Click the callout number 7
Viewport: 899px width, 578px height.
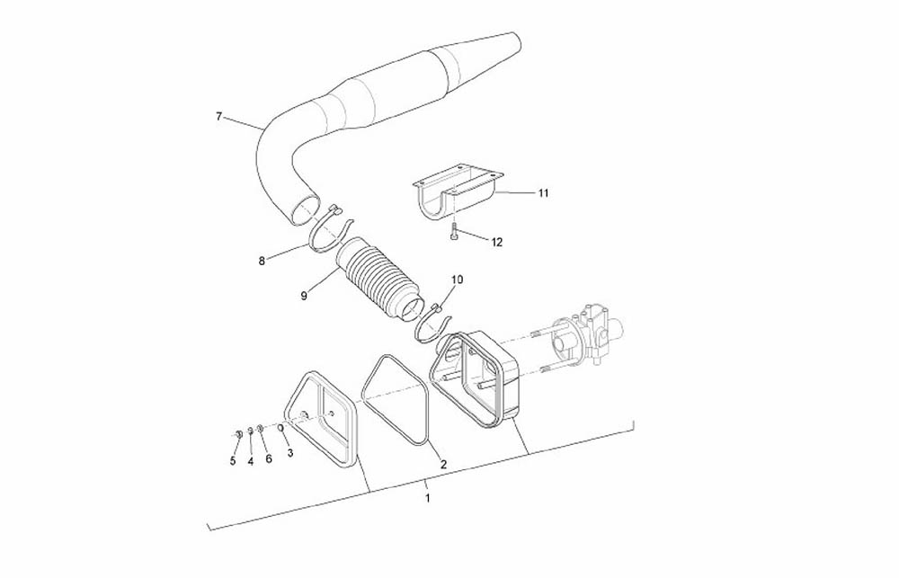[x=218, y=116]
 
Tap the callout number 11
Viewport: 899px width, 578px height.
[x=543, y=192]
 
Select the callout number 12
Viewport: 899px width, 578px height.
[x=496, y=242]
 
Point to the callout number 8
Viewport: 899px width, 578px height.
[x=262, y=261]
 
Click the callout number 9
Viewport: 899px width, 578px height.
[x=304, y=296]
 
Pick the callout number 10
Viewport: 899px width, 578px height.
[x=458, y=280]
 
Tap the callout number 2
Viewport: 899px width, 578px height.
[x=443, y=465]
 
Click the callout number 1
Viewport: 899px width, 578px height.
[x=427, y=498]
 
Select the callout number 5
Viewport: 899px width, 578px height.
[x=233, y=461]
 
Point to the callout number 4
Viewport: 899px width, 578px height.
[x=251, y=462]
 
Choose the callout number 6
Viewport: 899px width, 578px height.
[x=268, y=459]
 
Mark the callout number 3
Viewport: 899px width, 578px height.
[x=290, y=453]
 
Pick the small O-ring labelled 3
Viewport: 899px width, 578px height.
[x=280, y=429]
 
